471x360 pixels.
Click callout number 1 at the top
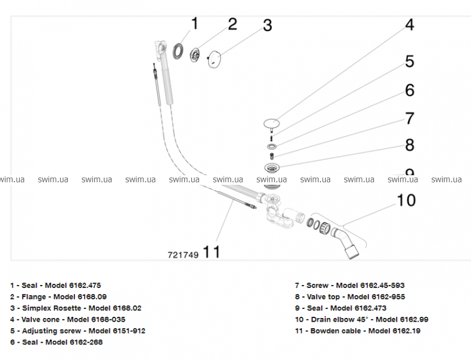tap(194, 24)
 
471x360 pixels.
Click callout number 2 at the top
tap(232, 24)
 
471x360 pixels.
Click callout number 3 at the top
tap(268, 26)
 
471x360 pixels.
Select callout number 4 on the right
tap(409, 25)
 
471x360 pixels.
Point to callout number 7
tap(409, 118)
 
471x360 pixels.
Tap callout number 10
tap(406, 200)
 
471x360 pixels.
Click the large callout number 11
tap(211, 253)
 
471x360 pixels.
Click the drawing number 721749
tap(183, 254)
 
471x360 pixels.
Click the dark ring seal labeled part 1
tap(178, 50)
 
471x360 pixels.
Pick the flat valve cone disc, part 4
tap(272, 123)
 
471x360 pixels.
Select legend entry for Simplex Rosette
tap(76, 308)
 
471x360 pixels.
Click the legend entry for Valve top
tap(349, 296)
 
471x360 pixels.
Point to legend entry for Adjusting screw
tap(77, 331)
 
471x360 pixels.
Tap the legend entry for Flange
tap(58, 296)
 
